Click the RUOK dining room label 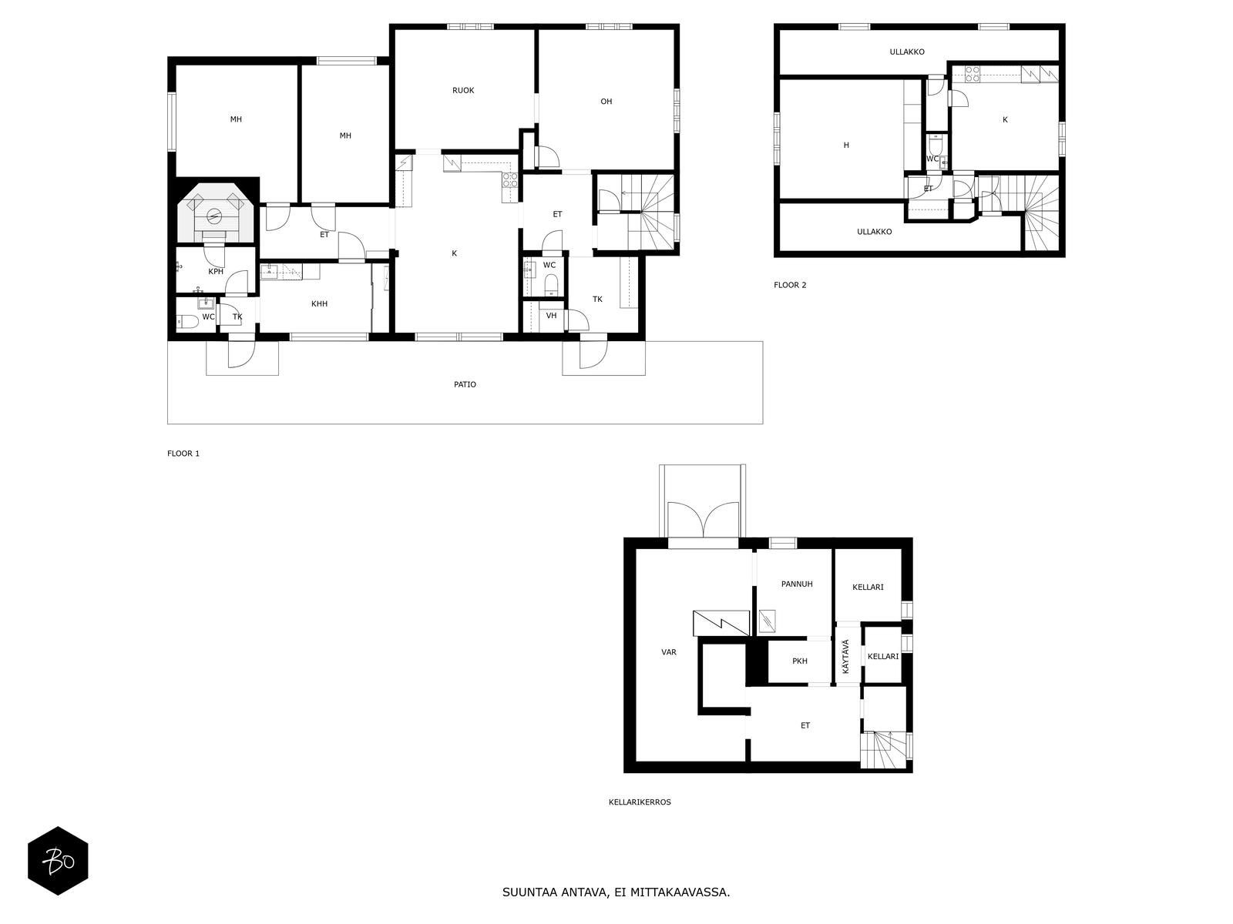coord(463,90)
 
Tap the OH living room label coord(606,102)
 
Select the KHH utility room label coord(319,304)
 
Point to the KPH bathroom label coord(216,272)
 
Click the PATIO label coord(465,385)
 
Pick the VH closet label coord(551,316)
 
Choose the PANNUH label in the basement coord(797,584)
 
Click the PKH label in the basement coord(799,661)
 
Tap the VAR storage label coord(668,652)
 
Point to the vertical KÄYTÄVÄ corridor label coord(846,656)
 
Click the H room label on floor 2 coord(846,146)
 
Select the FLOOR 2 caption coord(790,285)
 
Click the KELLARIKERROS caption coord(640,802)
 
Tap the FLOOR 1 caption coord(183,454)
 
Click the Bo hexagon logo coord(58,861)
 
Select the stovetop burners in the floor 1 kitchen coord(510,179)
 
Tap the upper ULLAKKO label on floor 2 coord(906,52)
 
